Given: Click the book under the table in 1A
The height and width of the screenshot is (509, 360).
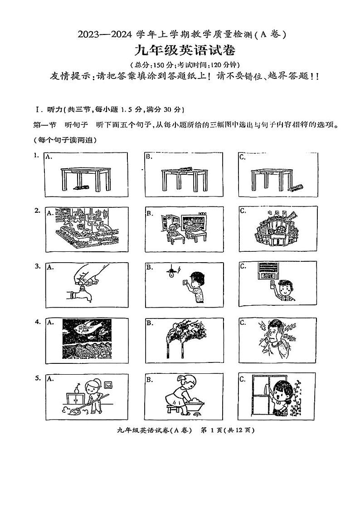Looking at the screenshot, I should click(x=80, y=187).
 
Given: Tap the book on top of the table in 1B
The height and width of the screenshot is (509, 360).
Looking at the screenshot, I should click(x=186, y=170).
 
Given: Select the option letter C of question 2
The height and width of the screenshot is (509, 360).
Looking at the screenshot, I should click(x=243, y=211).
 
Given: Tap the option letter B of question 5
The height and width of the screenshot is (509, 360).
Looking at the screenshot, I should click(x=149, y=378).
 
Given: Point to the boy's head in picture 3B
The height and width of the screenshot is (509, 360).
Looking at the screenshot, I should click(x=197, y=278).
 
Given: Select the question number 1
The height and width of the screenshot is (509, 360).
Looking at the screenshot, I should click(x=36, y=156).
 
